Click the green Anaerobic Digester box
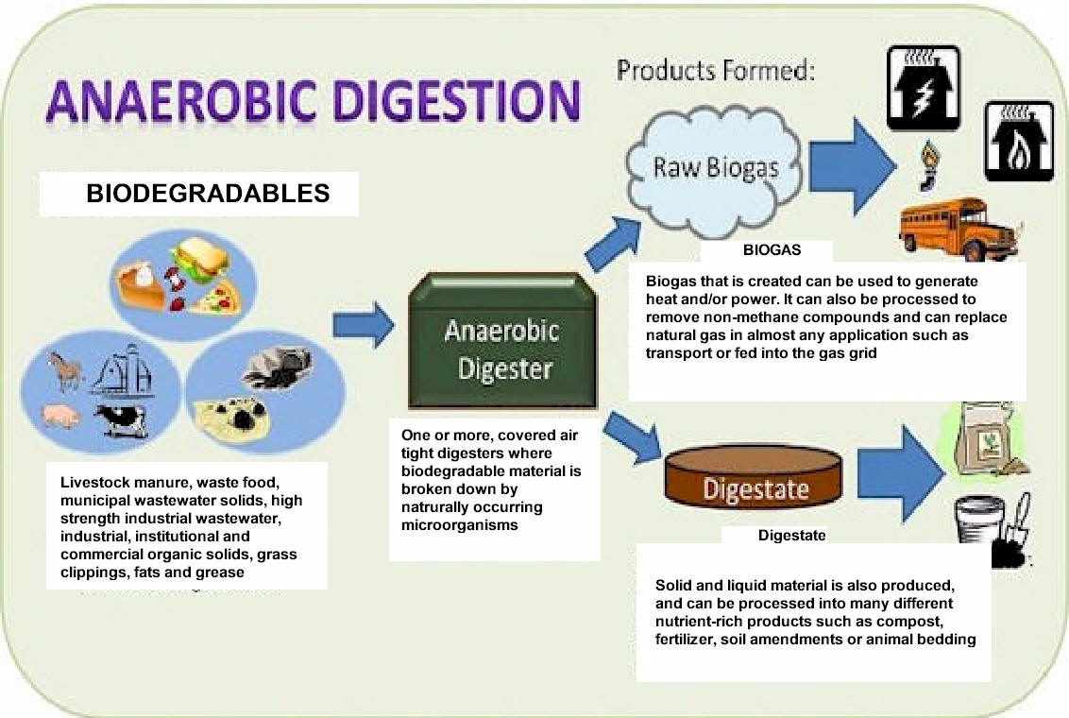click(x=502, y=341)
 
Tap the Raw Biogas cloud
click(x=715, y=170)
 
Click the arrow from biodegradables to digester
click(x=364, y=325)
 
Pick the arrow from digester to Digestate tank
click(x=632, y=437)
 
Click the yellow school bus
click(x=959, y=229)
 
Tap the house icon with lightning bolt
click(x=924, y=88)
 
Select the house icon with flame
click(x=1019, y=141)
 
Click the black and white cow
click(x=122, y=420)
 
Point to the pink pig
click(x=60, y=415)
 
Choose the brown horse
click(x=65, y=371)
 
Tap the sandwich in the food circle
click(x=198, y=259)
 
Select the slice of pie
click(x=141, y=287)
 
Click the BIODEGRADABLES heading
click(x=208, y=193)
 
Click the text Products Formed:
click(x=716, y=71)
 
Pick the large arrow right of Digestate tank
click(x=900, y=473)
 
